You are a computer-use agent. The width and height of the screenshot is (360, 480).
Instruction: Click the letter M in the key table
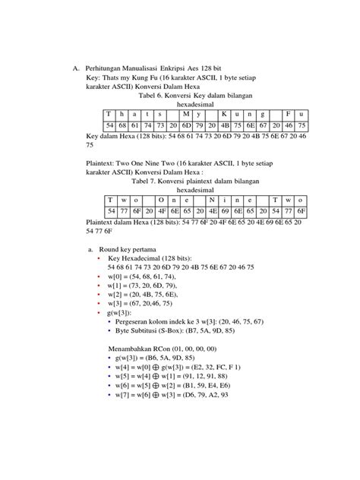(x=186, y=114)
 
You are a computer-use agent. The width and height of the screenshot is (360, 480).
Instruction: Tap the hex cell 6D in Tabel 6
(x=186, y=125)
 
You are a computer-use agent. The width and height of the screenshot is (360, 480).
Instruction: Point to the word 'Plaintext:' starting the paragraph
(x=103, y=163)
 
